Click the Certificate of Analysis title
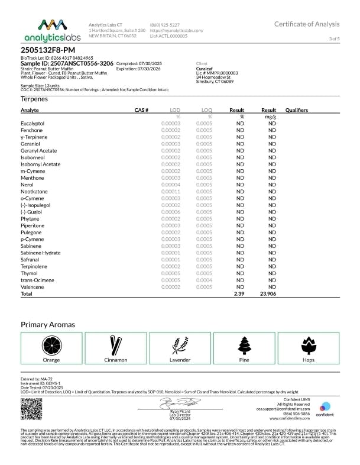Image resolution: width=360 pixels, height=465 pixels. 307,24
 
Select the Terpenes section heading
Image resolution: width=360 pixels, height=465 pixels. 34,99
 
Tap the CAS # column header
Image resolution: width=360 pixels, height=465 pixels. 141,110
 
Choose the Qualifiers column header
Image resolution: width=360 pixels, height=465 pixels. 297,110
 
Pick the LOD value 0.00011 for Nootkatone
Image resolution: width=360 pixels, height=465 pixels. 171,191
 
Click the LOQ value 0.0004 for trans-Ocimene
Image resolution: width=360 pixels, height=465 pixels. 205,280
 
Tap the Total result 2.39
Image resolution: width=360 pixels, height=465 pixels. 239,293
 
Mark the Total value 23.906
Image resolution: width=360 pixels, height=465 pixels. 269,293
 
